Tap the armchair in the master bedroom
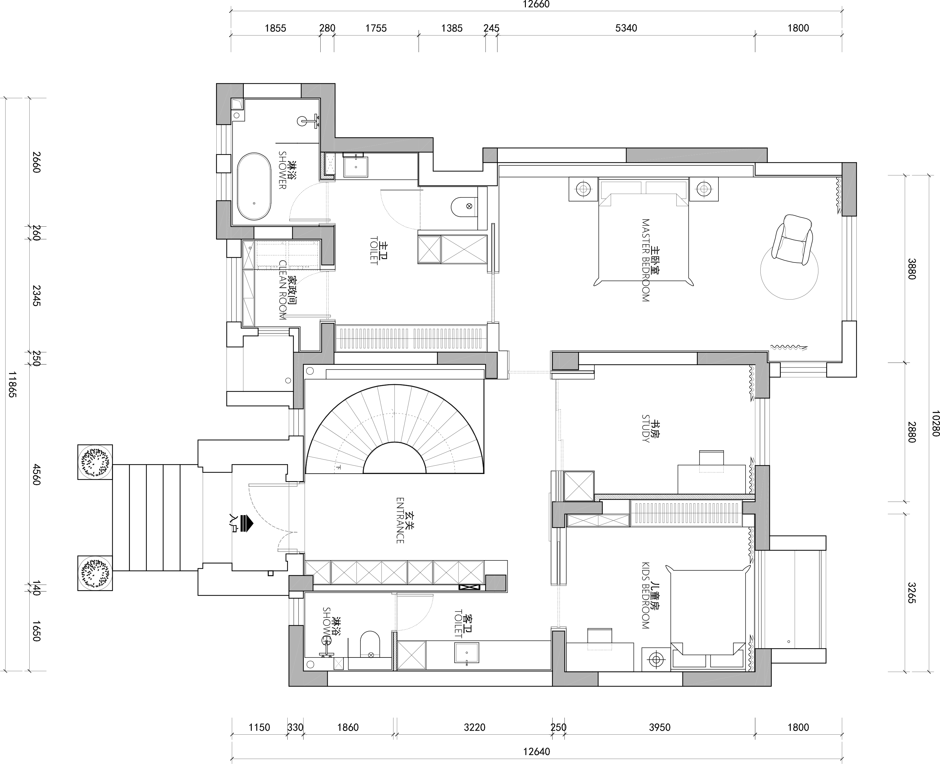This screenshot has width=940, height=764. click(x=792, y=240)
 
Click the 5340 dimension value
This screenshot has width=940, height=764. click(x=626, y=28)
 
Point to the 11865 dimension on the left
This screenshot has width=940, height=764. click(x=12, y=384)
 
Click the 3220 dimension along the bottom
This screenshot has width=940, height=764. click(x=474, y=728)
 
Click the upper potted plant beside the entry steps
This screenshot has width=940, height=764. click(x=95, y=462)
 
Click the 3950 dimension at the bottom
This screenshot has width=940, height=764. click(x=659, y=728)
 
